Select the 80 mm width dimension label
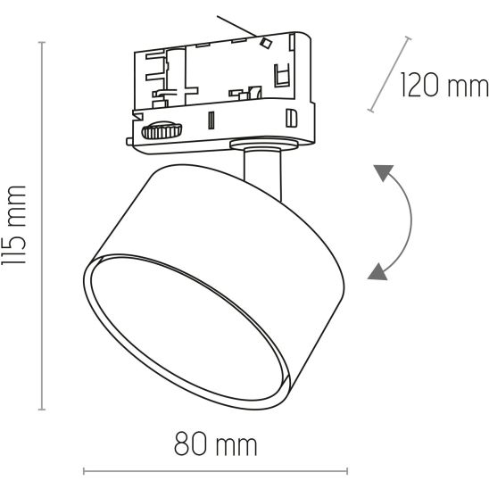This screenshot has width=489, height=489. [215, 443]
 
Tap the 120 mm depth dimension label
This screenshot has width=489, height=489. [444, 85]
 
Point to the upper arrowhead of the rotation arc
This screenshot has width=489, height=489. [384, 172]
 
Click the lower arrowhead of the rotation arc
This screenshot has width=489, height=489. [378, 271]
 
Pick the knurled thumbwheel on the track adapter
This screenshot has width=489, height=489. [162, 130]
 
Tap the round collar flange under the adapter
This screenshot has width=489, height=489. [264, 144]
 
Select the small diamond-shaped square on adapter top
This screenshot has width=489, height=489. [266, 43]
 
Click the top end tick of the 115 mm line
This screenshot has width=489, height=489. [41, 42]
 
